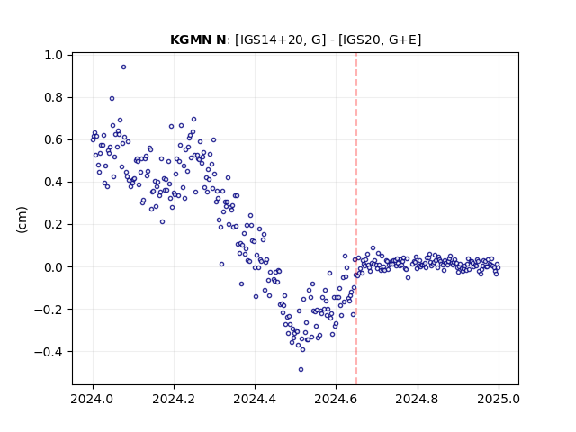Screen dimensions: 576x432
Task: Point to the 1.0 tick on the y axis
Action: coord(53,55)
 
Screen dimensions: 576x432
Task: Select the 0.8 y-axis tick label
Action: coord(53,98)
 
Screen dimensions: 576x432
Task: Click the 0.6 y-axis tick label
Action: coord(53,140)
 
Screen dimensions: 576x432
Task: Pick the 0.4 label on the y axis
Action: coord(53,182)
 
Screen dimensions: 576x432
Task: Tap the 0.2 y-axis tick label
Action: coord(53,224)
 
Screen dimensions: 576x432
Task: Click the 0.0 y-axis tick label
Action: coord(53,267)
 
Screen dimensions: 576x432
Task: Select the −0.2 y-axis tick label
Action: coord(49,310)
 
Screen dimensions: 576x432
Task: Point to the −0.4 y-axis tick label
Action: coord(49,352)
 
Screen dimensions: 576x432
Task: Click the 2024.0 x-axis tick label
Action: coord(93,399)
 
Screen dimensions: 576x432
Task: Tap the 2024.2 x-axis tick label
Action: coord(174,399)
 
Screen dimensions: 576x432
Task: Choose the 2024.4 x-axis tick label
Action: coord(255,399)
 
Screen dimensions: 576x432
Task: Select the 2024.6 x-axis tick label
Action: coord(336,399)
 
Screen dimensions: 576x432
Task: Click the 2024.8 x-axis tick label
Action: coord(418,399)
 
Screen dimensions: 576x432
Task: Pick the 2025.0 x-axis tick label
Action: coord(499,399)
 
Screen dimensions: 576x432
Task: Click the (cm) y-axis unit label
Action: coord(22,220)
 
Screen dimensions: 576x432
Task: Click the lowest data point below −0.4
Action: coord(301,368)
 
